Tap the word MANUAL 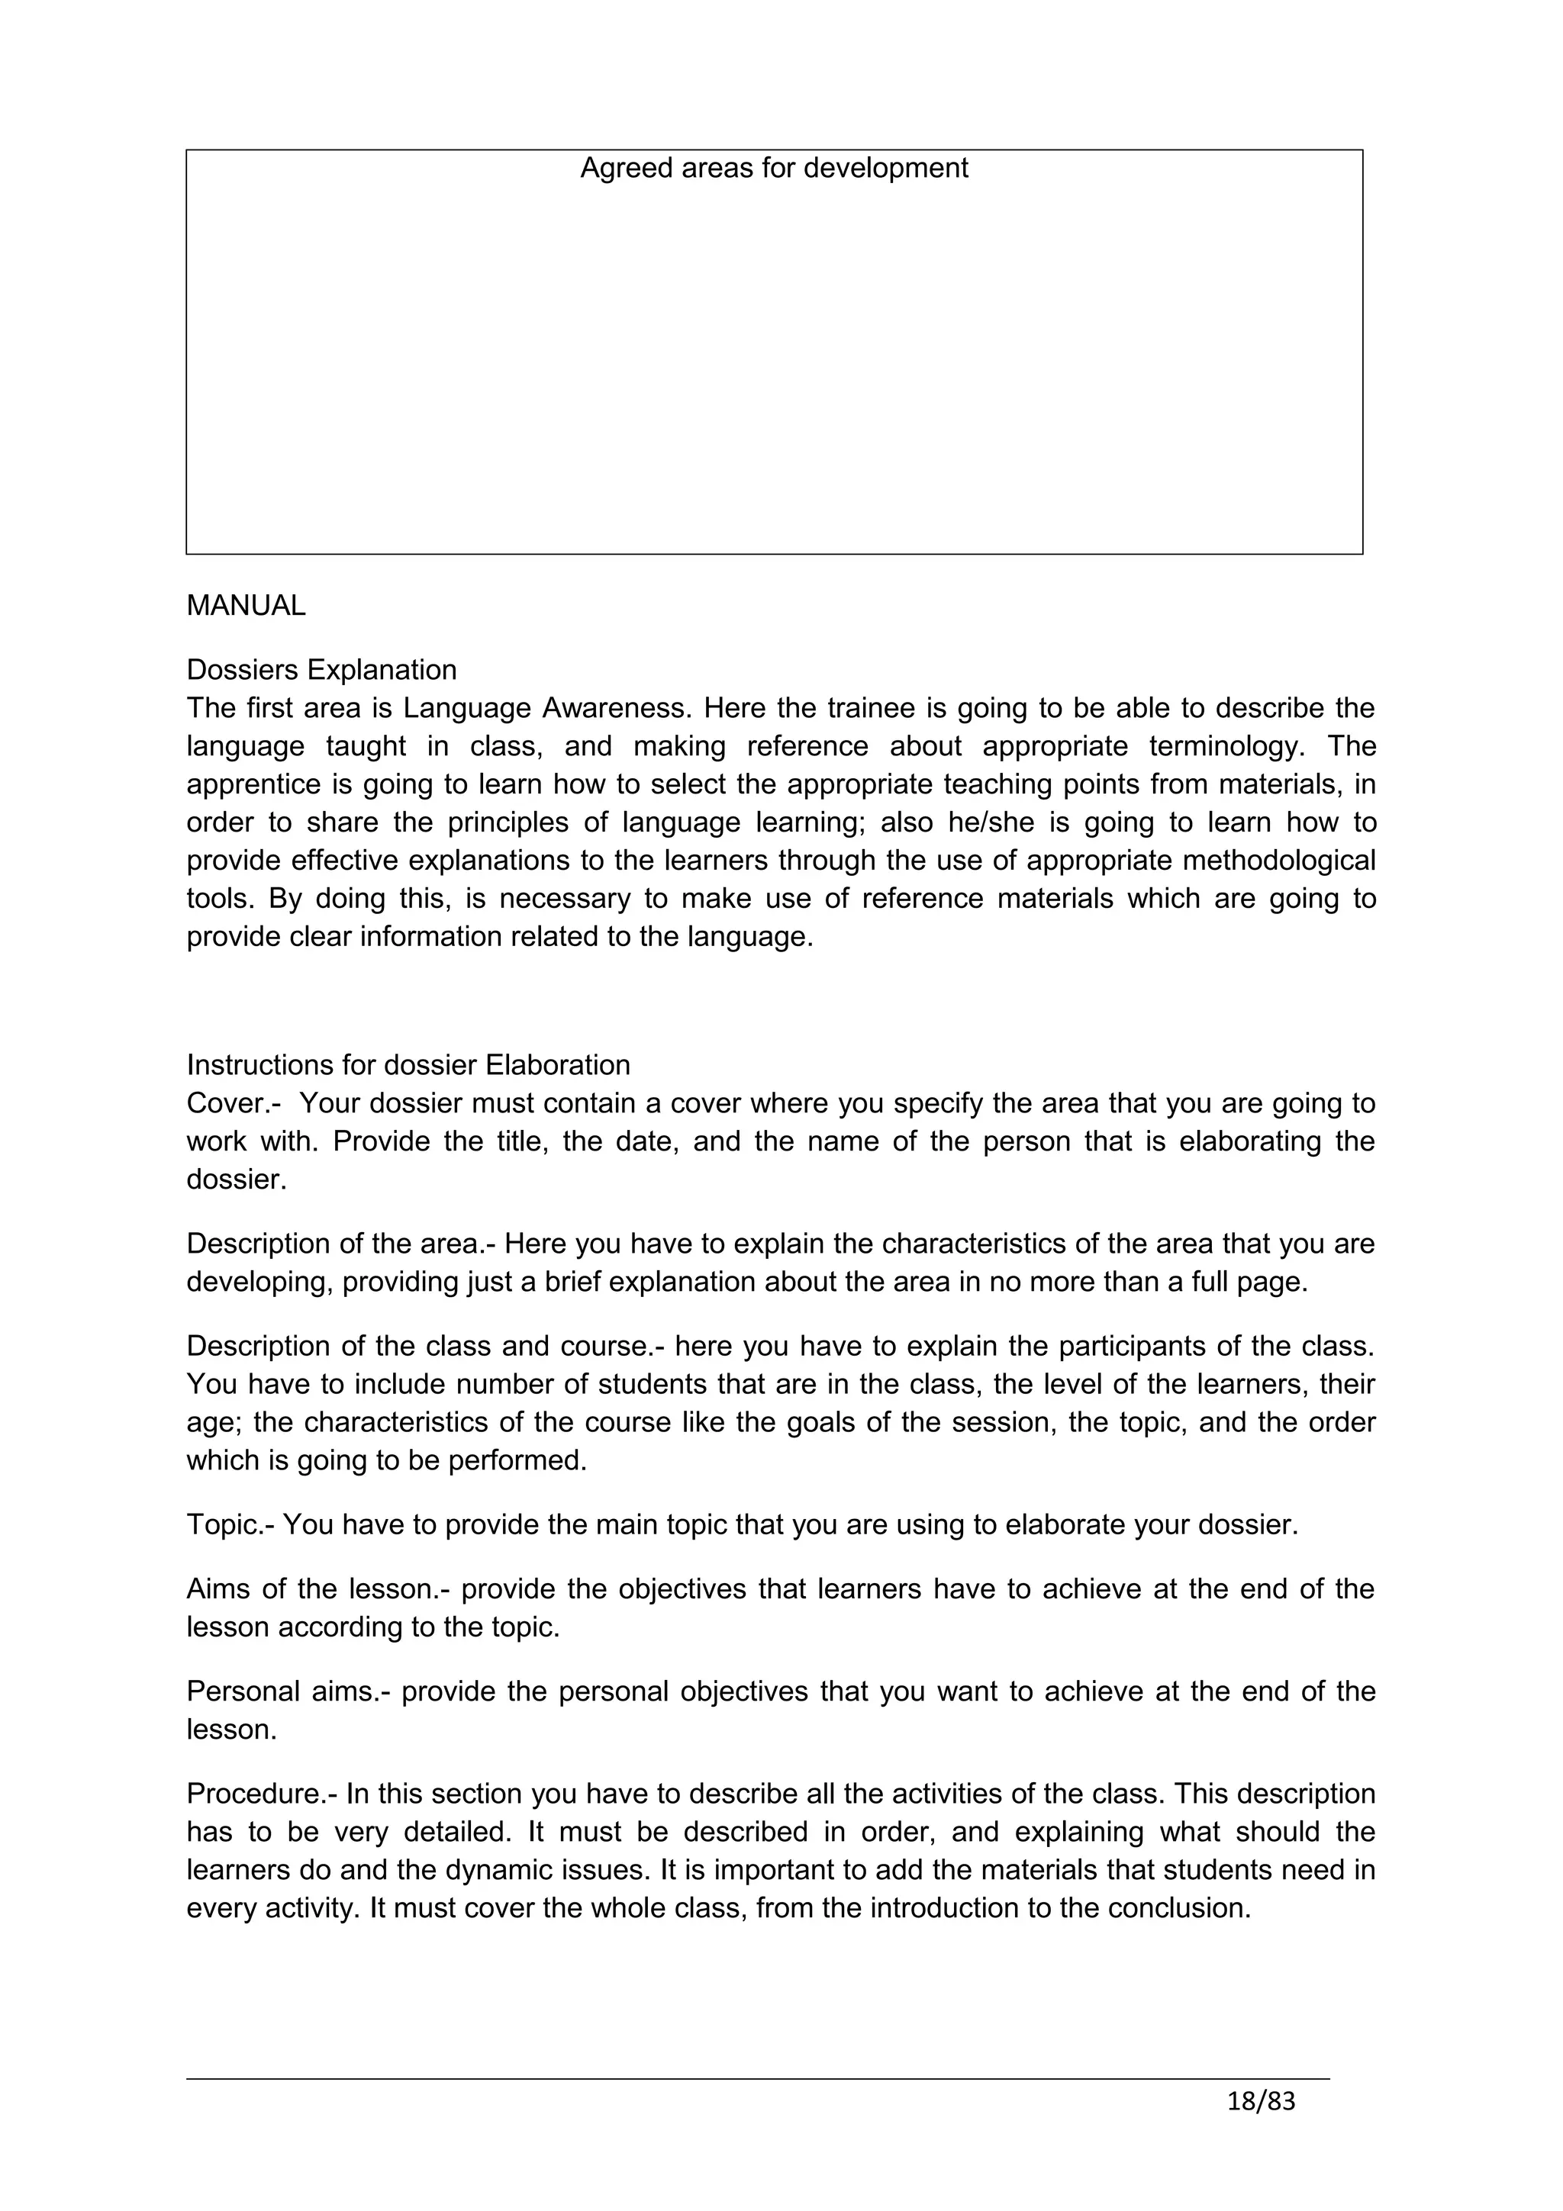(x=246, y=606)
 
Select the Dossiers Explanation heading (x=321, y=669)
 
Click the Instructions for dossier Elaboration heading (x=408, y=1065)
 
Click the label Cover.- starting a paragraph (x=227, y=1103)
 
